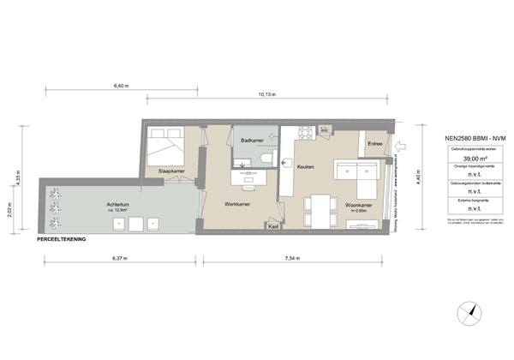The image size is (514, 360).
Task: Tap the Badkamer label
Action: point(252,140)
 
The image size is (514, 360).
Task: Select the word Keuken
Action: point(307,168)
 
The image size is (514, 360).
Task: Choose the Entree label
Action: point(374,145)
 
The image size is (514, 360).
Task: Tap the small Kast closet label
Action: point(274,228)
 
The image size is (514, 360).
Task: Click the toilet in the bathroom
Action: point(268,159)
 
